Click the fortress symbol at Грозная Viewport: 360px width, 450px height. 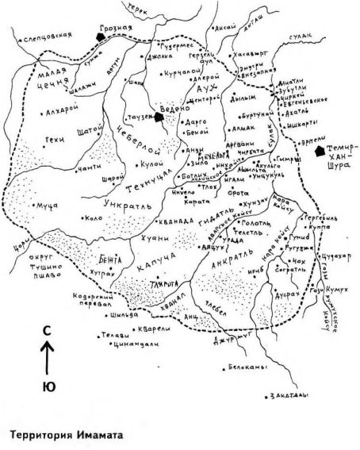point(98,36)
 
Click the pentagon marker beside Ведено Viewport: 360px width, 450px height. point(160,117)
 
